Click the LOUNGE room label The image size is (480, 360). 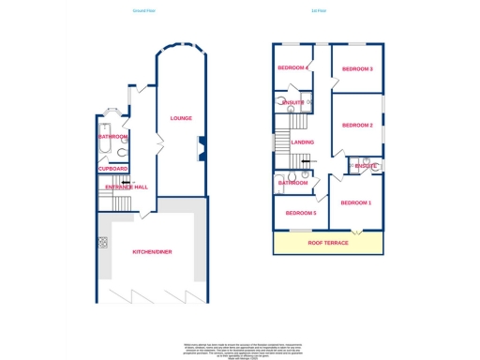tap(181, 118)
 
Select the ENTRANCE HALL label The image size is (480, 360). tap(127, 187)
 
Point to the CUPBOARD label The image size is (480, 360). tap(112, 169)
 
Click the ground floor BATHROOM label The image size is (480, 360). tap(112, 137)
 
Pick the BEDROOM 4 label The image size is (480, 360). tap(292, 67)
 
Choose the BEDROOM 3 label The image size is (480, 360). tap(357, 69)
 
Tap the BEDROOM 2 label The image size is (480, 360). tap(357, 126)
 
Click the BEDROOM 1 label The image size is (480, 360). tap(356, 203)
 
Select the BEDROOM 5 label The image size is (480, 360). tap(302, 213)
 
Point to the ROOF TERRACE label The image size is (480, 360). tap(327, 243)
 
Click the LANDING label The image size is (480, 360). tap(303, 142)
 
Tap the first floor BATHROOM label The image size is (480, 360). tap(292, 183)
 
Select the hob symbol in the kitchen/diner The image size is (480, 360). tap(102, 242)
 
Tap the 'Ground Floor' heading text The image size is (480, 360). tap(145, 12)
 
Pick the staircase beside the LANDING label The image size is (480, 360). tap(284, 142)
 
